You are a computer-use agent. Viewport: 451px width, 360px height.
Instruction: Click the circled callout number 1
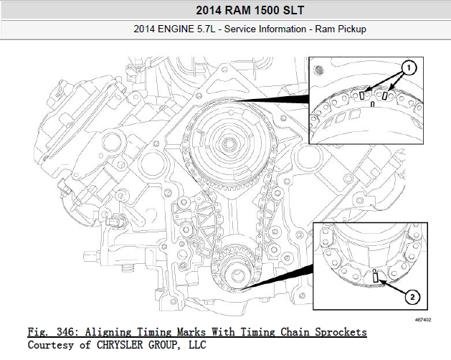[x=409, y=68]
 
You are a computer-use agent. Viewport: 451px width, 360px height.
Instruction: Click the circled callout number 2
[x=412, y=297]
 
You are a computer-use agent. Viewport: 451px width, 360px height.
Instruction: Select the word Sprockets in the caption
[x=341, y=332]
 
